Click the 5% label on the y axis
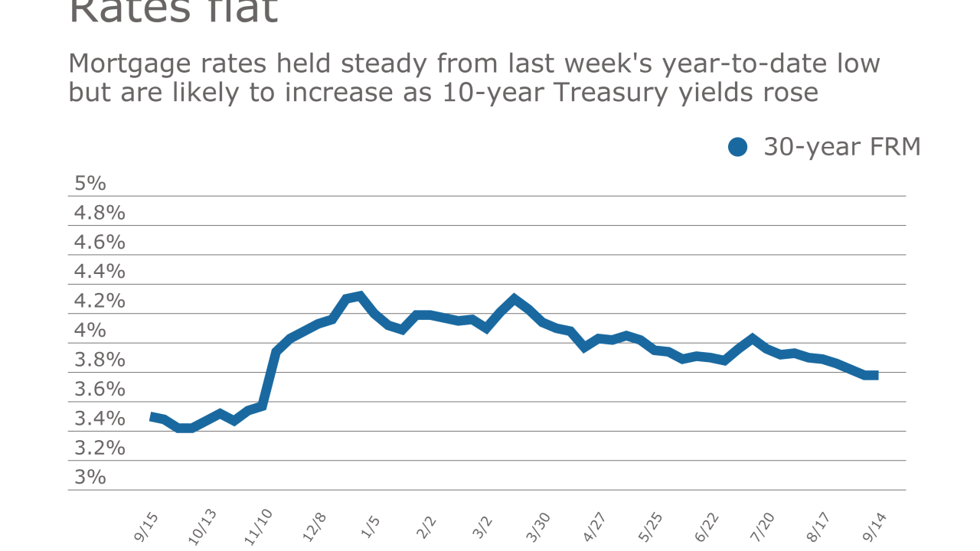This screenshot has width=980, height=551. pos(90,184)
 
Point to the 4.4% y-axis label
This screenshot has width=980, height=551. pos(100,272)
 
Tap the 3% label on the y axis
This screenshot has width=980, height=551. pos(90,477)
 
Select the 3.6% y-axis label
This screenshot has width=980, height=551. pos(100,389)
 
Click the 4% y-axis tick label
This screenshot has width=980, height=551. pos(90,331)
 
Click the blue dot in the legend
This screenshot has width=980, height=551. pos(737,147)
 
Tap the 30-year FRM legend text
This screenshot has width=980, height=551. pos(841,147)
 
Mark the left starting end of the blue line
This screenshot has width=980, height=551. pos(151,416)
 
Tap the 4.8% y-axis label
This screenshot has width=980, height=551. pos(100,213)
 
